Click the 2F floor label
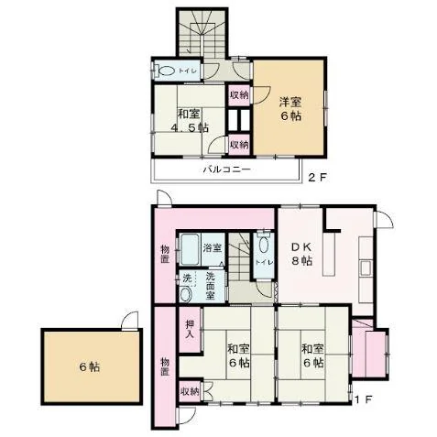pos(317,178)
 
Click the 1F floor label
pos(364,399)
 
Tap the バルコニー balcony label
pos(227,169)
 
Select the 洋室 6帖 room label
pos(290,108)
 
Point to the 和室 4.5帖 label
pos(190,121)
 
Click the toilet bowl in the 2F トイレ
pos(166,71)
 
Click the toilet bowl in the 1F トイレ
pos(264,246)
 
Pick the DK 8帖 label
pos(301,254)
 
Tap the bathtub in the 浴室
pos(190,249)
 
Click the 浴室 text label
pos(213,247)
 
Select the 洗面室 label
pos(211,286)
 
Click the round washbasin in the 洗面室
pos(186,294)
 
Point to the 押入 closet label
pos(190,328)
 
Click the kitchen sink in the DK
pos(366,268)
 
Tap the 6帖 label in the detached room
pos(90,366)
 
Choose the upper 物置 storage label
pos(165,254)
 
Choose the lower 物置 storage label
pos(165,366)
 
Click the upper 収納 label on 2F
pos(239,95)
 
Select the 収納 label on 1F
pos(190,391)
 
